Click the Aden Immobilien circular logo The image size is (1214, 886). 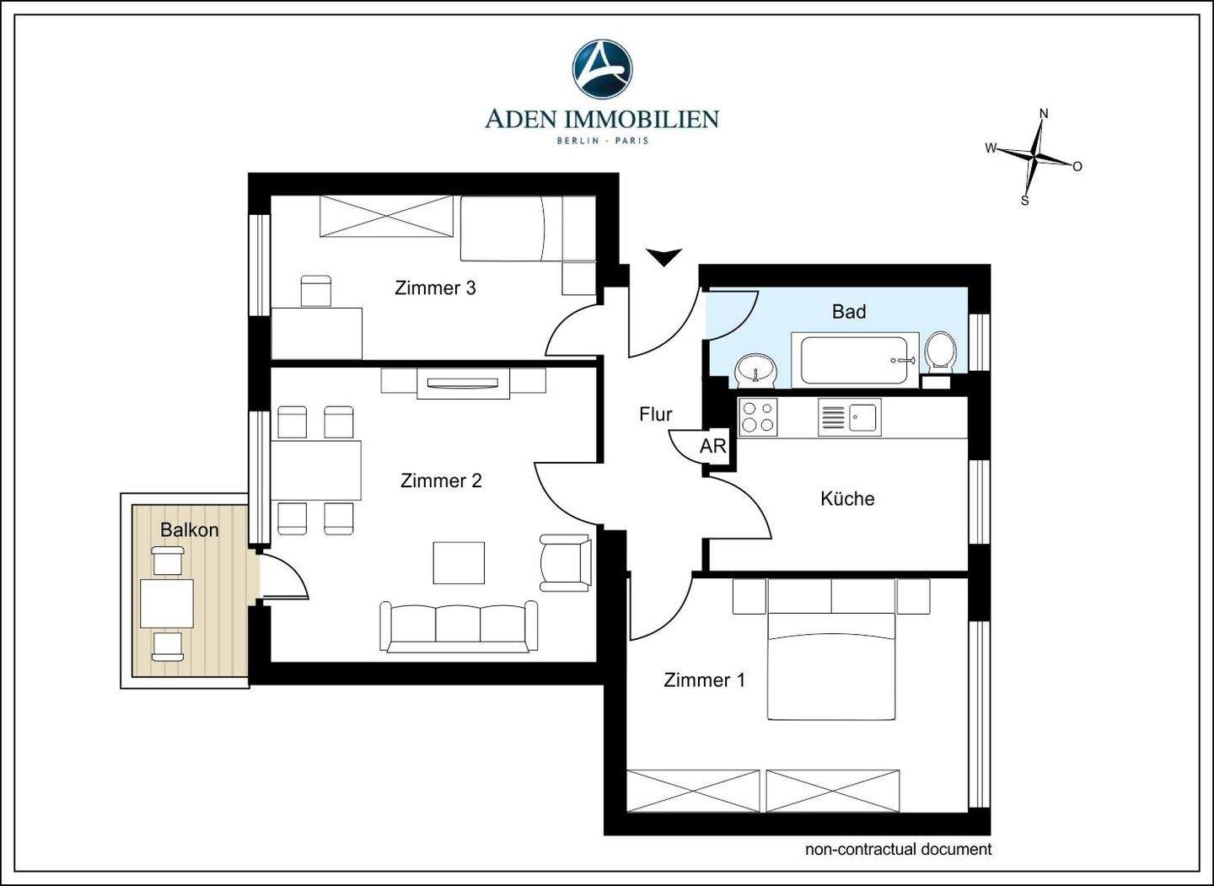[x=602, y=68]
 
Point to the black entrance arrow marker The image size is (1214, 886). [x=663, y=257]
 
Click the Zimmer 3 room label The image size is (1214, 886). [x=435, y=287]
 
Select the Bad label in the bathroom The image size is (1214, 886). [x=849, y=312]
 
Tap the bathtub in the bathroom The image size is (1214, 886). [x=855, y=360]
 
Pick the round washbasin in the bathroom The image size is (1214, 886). [x=756, y=371]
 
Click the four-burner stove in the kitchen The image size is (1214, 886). [x=758, y=416]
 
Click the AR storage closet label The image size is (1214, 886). [x=712, y=446]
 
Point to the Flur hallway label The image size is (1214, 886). [x=656, y=414]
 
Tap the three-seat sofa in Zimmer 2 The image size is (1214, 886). [x=459, y=626]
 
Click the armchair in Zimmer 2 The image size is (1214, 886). [x=565, y=562]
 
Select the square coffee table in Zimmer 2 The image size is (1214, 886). [x=459, y=562]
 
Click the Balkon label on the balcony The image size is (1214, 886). [x=189, y=529]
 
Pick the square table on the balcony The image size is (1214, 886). [x=167, y=604]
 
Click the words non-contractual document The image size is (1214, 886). [x=898, y=849]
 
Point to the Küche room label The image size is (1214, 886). [x=847, y=498]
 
